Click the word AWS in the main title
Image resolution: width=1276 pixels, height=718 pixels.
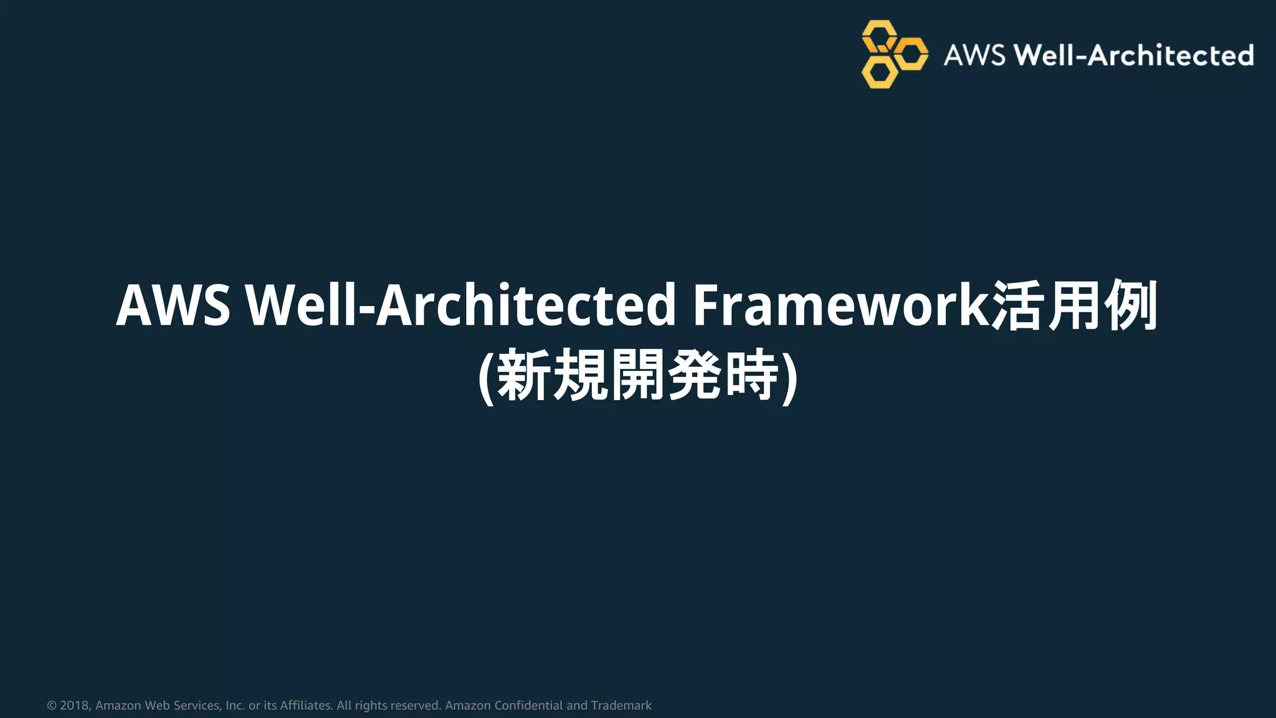(x=173, y=305)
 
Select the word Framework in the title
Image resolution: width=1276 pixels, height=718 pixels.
(x=841, y=305)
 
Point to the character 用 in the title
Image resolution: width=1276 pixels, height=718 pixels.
(x=1073, y=305)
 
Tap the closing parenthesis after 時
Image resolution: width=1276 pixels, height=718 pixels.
(x=789, y=376)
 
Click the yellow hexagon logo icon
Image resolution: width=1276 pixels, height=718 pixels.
(x=893, y=54)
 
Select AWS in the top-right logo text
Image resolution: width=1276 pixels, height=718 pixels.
(x=974, y=55)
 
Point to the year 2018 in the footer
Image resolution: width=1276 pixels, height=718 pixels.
(x=75, y=706)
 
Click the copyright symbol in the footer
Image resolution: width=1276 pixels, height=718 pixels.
(x=52, y=706)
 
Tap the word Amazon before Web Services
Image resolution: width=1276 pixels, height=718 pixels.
(x=118, y=706)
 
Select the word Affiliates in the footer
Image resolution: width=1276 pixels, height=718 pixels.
(x=305, y=706)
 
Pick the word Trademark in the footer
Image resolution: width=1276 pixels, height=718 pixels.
(x=621, y=706)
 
